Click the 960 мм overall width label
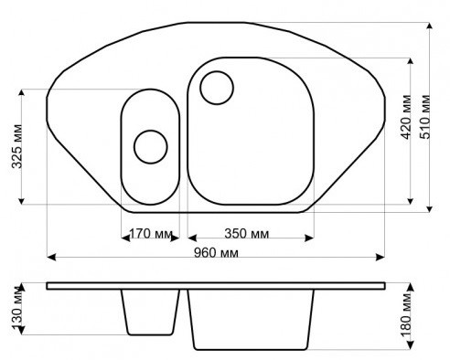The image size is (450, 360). (216, 253)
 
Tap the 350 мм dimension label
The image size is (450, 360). (247, 234)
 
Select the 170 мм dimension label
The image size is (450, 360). (151, 234)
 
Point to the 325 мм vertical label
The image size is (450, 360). (17, 146)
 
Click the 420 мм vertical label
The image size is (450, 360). (405, 117)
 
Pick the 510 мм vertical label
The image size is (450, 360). (424, 117)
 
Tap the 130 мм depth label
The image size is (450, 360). (17, 308)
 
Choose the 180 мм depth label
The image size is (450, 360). (406, 314)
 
